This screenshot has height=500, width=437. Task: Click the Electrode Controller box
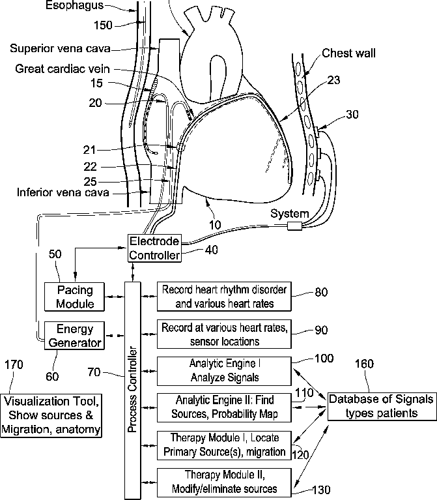tap(154, 248)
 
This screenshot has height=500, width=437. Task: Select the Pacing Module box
tap(74, 297)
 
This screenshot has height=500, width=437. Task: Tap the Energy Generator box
tap(74, 336)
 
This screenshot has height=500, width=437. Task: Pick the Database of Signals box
tap(382, 406)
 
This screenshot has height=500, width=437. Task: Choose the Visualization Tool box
tap(51, 415)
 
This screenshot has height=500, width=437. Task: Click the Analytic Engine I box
tap(224, 371)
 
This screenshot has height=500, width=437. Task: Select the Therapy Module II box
tap(224, 482)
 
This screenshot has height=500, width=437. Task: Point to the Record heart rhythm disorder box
tap(224, 296)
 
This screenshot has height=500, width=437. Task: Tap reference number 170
tap(14, 364)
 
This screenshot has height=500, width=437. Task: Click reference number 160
tap(364, 364)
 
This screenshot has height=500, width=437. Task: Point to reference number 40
tap(212, 250)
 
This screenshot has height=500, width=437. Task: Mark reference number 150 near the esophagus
tap(103, 25)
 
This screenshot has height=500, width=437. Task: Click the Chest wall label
tap(348, 53)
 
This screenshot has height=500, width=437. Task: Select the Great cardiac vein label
tap(63, 68)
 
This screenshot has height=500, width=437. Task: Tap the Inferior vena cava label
tap(63, 192)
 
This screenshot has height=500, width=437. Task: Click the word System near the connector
tap(290, 213)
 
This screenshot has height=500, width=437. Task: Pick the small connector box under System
tap(294, 226)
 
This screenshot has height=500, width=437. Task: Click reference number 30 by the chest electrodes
tap(352, 114)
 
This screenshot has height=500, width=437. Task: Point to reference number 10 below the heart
tap(215, 225)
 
